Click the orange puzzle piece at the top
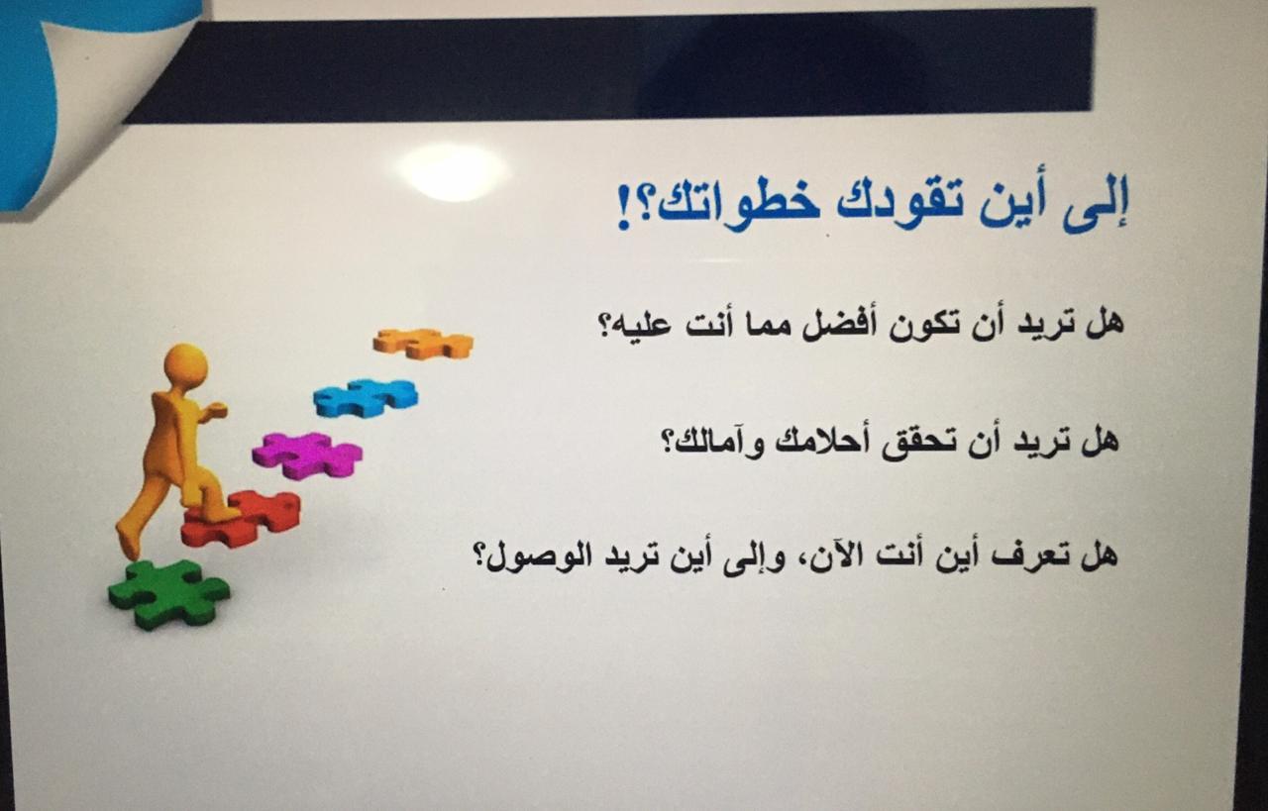click(423, 343)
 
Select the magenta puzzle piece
click(307, 456)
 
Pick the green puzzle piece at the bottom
click(168, 594)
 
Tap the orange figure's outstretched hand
click(216, 409)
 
